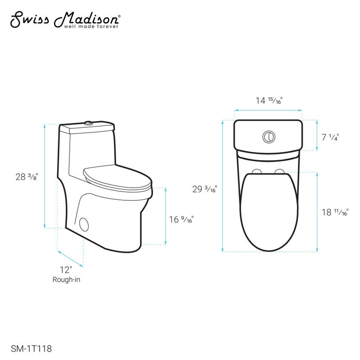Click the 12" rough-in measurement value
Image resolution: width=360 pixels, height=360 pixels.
pyautogui.click(x=66, y=270)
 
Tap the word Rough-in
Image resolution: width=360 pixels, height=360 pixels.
pyautogui.click(x=66, y=279)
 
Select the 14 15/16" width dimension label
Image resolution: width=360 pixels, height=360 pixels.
pyautogui.click(x=269, y=101)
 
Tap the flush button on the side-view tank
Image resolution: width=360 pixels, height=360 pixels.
pyautogui.click(x=89, y=122)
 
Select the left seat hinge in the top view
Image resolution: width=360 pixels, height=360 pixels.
pyautogui.click(x=257, y=171)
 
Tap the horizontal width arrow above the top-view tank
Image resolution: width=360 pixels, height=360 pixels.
pyautogui.click(x=268, y=110)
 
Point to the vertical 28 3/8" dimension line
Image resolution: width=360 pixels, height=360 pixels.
pyautogui.click(x=45, y=175)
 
